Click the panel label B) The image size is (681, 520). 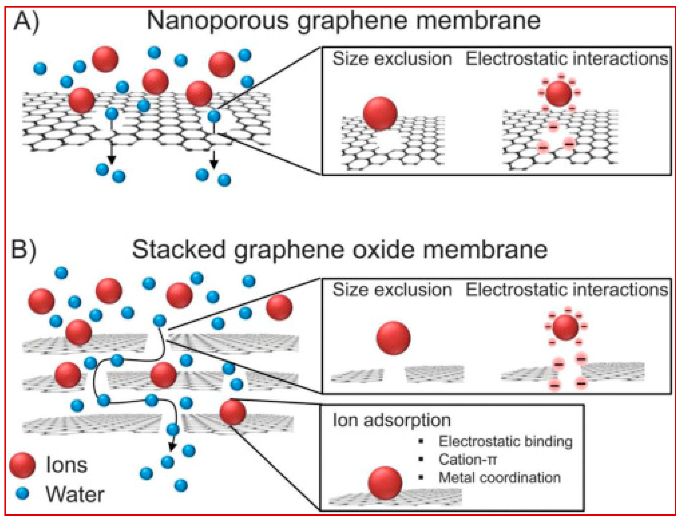coord(24,249)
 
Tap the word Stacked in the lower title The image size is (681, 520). coord(179,249)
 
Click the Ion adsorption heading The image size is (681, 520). coord(391,420)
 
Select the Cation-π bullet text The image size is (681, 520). coord(467,459)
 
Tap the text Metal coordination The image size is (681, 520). coord(499,477)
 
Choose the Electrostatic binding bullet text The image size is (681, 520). coord(505,441)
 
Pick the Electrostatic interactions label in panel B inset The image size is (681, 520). coord(567,290)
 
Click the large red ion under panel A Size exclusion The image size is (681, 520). coord(380,113)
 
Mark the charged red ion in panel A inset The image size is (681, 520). coord(559,93)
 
